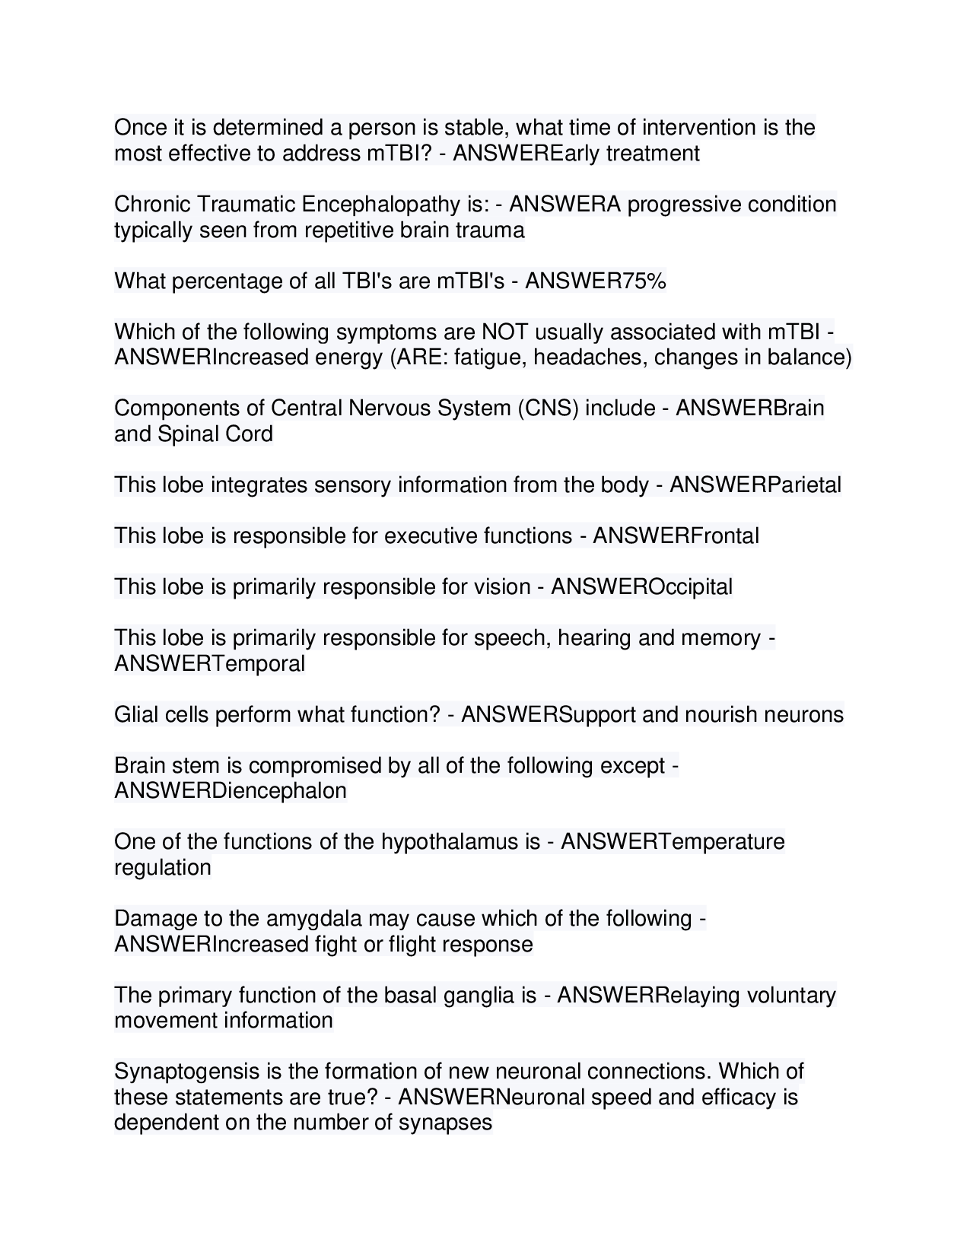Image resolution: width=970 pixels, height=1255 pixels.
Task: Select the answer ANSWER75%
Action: [x=596, y=281]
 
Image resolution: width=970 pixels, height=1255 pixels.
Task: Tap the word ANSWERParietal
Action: [x=755, y=485]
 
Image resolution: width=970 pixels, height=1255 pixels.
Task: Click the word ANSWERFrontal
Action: [x=676, y=536]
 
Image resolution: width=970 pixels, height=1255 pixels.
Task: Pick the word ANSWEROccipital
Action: [x=642, y=587]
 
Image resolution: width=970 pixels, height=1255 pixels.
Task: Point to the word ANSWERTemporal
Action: [x=209, y=664]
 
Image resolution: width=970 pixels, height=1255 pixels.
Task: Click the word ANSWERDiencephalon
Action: [x=231, y=791]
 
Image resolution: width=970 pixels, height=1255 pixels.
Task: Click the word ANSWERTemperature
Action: [x=673, y=842]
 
